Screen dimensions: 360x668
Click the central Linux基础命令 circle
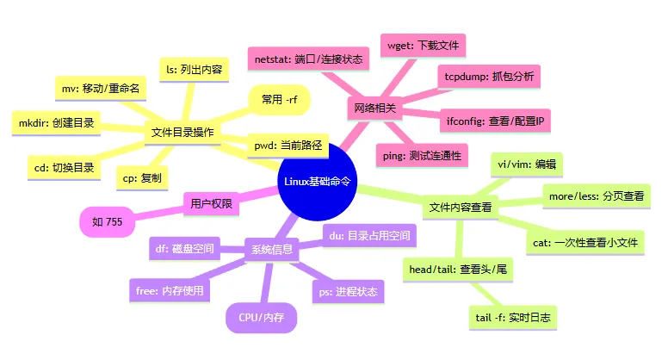tap(318, 182)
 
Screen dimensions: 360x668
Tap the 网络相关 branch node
tap(374, 109)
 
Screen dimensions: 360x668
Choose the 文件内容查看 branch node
tap(461, 208)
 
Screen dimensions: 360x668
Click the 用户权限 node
tap(211, 205)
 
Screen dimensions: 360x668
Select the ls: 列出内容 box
tap(195, 70)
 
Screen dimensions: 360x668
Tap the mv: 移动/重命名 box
tap(102, 88)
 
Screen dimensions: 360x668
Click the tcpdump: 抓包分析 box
tap(489, 77)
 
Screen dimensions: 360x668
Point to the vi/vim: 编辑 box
tap(528, 164)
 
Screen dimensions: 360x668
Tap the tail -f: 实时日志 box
tap(511, 318)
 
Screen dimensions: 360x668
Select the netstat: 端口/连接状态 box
tap(307, 59)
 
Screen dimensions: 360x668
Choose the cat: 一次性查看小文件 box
tap(586, 243)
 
